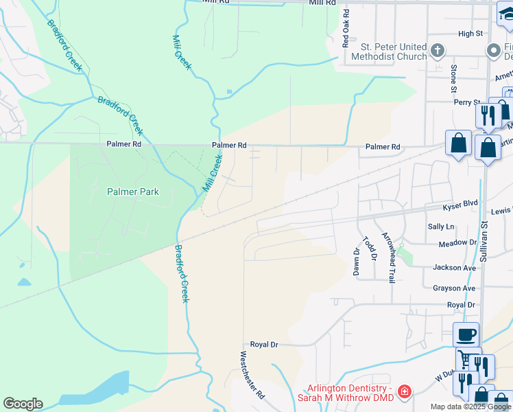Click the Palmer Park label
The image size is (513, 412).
(x=133, y=192)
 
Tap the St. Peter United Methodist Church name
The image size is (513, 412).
(x=394, y=51)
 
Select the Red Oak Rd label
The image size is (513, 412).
(x=346, y=27)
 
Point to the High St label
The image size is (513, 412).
(x=470, y=33)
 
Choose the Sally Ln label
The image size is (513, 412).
(x=441, y=226)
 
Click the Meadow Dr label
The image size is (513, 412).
(x=457, y=242)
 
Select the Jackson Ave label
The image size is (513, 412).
(x=454, y=267)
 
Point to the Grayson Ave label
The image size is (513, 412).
(x=454, y=288)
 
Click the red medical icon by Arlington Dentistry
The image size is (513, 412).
(x=405, y=392)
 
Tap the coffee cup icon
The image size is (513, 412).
(x=466, y=334)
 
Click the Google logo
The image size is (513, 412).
(x=23, y=404)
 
